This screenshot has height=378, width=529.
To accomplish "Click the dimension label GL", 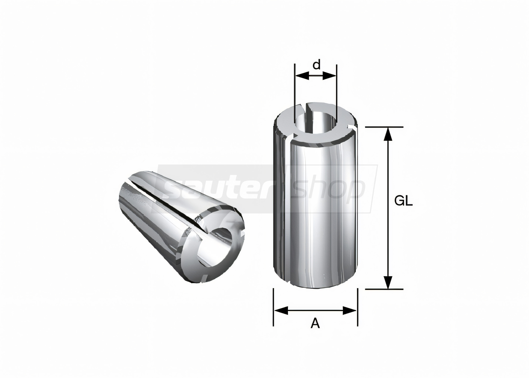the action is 403,202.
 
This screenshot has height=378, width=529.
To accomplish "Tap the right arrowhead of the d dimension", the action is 329,76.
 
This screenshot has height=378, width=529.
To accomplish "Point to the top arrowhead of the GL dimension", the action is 388,134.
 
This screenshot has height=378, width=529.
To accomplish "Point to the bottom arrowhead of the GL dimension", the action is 388,282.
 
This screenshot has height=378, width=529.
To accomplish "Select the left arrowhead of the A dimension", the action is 281,310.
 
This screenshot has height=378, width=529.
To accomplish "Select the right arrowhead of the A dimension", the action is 350,310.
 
